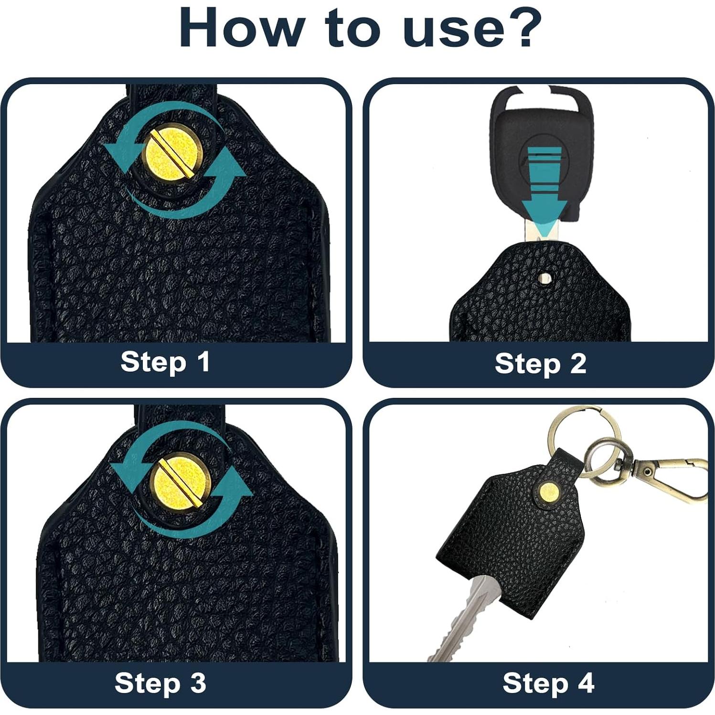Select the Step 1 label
coord(165,362)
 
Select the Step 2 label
coord(540,364)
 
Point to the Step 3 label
coord(160,683)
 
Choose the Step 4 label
coord(548,683)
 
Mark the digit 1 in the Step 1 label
coord(204,362)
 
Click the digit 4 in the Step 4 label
coord(586,683)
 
